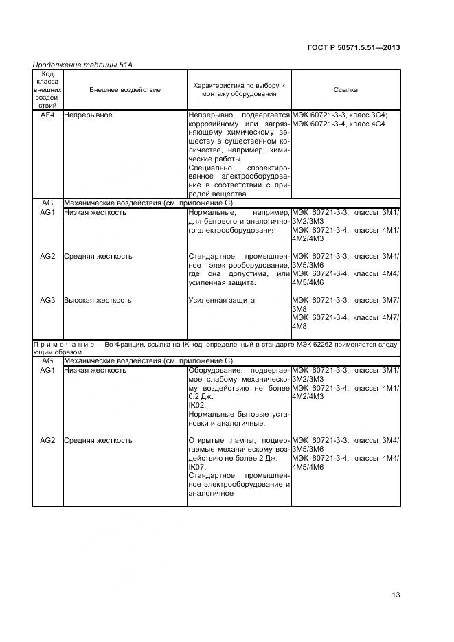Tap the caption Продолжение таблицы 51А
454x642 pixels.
coord(82,65)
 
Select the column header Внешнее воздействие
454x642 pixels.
coord(124,90)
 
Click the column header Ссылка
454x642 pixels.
coord(345,90)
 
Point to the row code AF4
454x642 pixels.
coord(47,115)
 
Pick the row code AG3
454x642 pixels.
coord(47,301)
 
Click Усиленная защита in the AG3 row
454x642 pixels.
coord(221,301)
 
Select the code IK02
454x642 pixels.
coord(196,406)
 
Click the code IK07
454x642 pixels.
coord(196,467)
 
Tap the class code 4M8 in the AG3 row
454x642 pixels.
coord(299,326)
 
